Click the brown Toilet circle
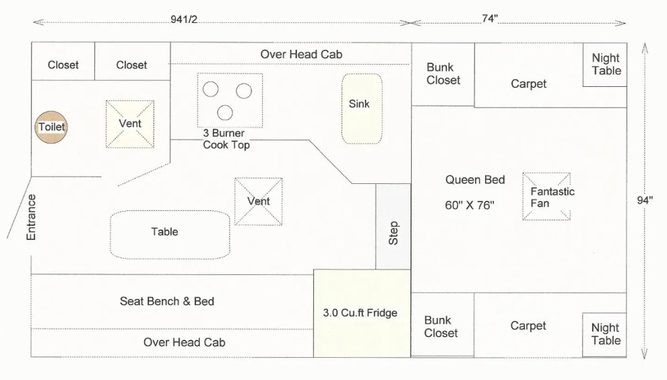tap(51, 127)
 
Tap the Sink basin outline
tap(362, 108)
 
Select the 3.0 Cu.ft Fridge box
tap(362, 313)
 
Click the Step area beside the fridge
tap(393, 226)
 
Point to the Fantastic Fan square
tap(546, 196)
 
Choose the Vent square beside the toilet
tap(130, 124)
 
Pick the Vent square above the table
tap(258, 201)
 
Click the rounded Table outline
tap(170, 234)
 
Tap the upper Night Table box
tap(604, 65)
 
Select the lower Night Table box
tap(604, 335)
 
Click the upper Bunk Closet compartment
tap(443, 74)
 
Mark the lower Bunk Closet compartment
tap(443, 324)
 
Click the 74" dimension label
tap(490, 19)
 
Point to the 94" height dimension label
tap(645, 200)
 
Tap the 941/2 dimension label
tap(184, 19)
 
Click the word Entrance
tap(31, 218)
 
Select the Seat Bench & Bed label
tap(167, 301)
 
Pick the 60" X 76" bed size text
tap(470, 205)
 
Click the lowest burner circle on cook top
tap(225, 113)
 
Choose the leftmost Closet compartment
tap(63, 61)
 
